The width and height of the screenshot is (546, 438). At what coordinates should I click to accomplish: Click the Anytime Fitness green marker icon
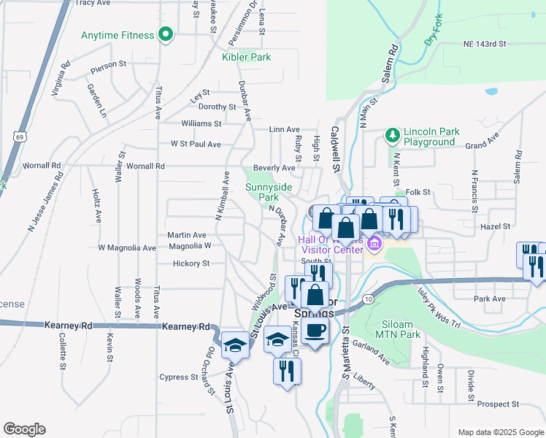(166, 34)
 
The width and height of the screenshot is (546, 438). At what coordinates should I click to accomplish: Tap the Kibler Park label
(246, 57)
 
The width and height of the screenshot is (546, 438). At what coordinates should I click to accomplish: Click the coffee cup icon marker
(315, 331)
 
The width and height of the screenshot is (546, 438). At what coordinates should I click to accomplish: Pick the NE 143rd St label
(485, 45)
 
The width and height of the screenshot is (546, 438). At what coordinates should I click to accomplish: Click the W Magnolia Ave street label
(127, 248)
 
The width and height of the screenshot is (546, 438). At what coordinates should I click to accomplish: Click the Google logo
(24, 429)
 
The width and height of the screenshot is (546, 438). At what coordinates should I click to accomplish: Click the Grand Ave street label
(481, 140)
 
